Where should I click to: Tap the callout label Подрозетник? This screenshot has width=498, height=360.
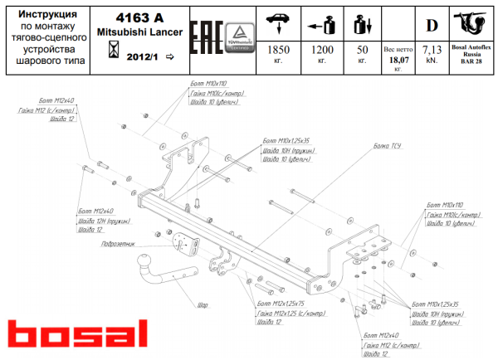[115, 245]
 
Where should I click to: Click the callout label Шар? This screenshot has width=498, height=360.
[202, 304]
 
